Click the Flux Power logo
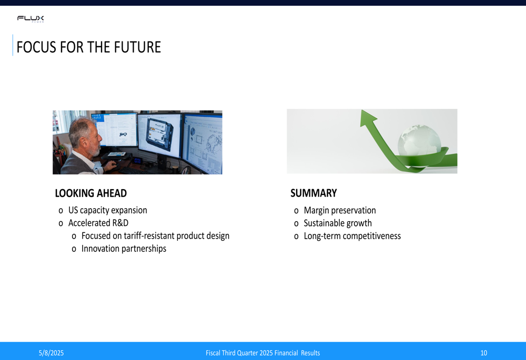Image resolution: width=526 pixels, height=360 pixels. (x=31, y=18)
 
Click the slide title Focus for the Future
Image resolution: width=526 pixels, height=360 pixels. (x=89, y=47)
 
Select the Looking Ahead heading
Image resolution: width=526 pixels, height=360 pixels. (x=91, y=193)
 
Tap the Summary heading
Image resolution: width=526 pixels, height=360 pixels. (x=313, y=193)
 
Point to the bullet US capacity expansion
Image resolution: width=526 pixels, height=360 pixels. (x=108, y=210)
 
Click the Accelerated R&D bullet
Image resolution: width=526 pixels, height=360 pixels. (x=98, y=223)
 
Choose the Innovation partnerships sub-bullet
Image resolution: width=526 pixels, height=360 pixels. (x=124, y=249)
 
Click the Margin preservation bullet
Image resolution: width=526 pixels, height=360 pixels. (x=340, y=211)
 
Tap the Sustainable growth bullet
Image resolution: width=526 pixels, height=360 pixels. (x=338, y=223)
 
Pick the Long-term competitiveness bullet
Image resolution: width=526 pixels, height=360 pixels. (x=352, y=236)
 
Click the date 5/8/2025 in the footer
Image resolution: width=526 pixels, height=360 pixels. (x=51, y=353)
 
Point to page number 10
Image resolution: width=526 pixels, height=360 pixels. (x=484, y=353)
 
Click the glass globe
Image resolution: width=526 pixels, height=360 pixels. (x=419, y=141)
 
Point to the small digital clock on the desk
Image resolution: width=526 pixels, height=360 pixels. (x=137, y=161)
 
